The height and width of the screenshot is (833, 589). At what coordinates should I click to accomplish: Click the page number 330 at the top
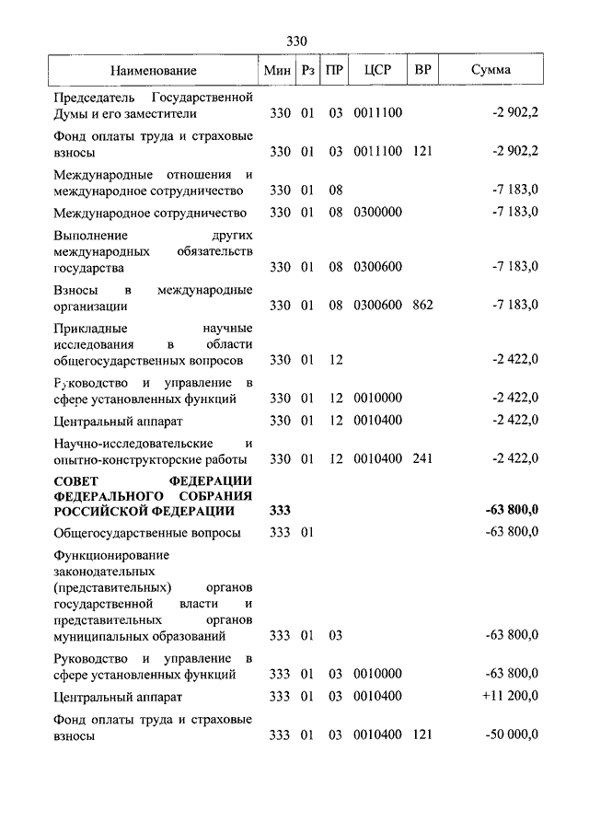[x=295, y=41]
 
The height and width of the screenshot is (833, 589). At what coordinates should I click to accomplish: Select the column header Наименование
[x=154, y=70]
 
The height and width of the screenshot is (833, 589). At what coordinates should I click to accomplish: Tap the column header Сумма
[x=491, y=70]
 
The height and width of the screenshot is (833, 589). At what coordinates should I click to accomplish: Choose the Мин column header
[x=277, y=70]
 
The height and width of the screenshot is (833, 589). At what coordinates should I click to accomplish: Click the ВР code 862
[x=422, y=305]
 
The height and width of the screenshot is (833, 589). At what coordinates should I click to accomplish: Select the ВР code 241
[x=422, y=458]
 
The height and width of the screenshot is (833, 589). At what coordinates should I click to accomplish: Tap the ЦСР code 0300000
[x=377, y=212]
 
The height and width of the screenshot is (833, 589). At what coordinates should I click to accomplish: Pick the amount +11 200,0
[x=509, y=696]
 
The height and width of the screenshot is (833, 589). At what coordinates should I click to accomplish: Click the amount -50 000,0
[x=513, y=735]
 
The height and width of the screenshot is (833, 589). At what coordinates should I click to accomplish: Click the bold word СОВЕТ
[x=77, y=481]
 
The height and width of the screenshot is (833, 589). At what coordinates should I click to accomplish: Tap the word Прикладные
[x=90, y=328]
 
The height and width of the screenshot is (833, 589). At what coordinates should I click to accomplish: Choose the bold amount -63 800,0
[x=511, y=511]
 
